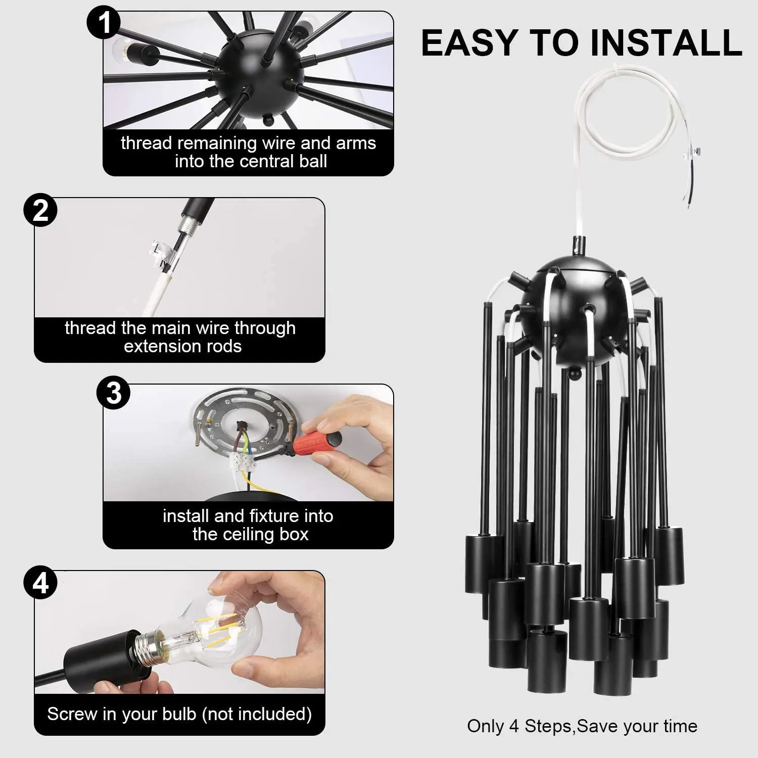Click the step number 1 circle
tap(104, 23)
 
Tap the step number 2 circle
tap(40, 210)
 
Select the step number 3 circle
tap(114, 393)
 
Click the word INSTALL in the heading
tap(666, 42)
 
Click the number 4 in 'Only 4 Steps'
tap(514, 726)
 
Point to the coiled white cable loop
tap(632, 136)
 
